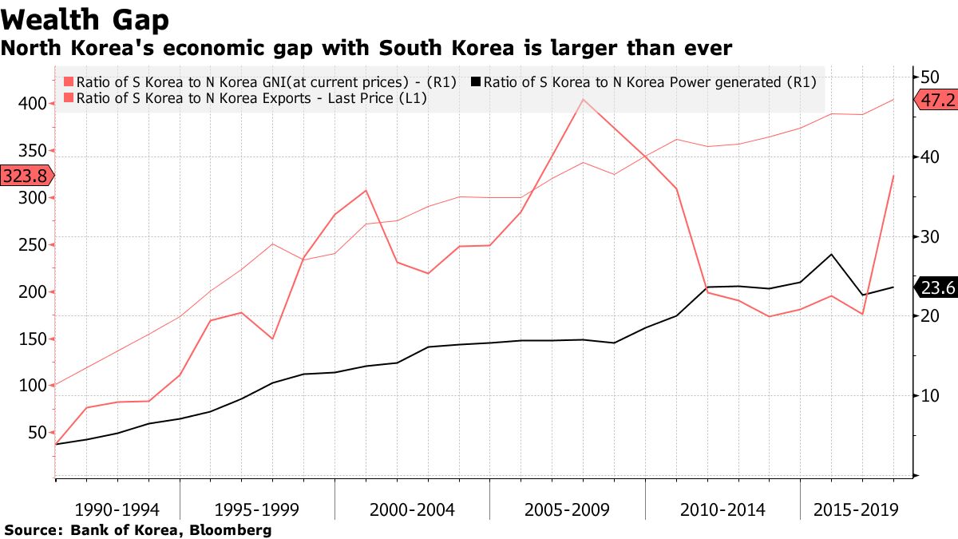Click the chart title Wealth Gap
pos(85,18)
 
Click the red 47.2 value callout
pos(936,101)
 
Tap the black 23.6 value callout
pos(936,287)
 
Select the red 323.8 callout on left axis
pos(26,176)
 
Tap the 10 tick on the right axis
pos(928,395)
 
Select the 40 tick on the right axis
pos(928,157)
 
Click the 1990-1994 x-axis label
pos(117,509)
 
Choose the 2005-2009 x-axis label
pos(568,509)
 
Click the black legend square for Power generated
pos(477,81)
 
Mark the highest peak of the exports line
pos(584,100)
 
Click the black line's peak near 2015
pos(831,255)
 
